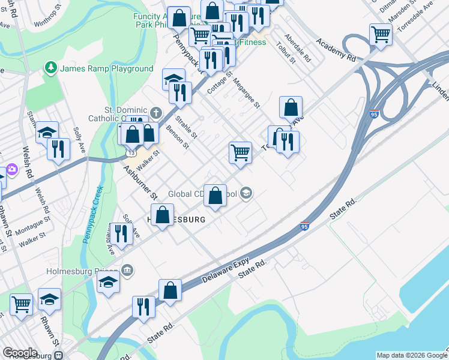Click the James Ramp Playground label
click(106, 68)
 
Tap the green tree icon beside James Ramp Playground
click(52, 68)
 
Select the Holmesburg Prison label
click(83, 271)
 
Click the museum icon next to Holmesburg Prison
click(127, 271)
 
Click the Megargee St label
click(246, 94)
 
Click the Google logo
click(20, 353)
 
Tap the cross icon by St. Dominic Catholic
click(156, 113)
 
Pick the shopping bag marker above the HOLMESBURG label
click(215, 195)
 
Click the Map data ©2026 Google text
click(411, 355)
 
